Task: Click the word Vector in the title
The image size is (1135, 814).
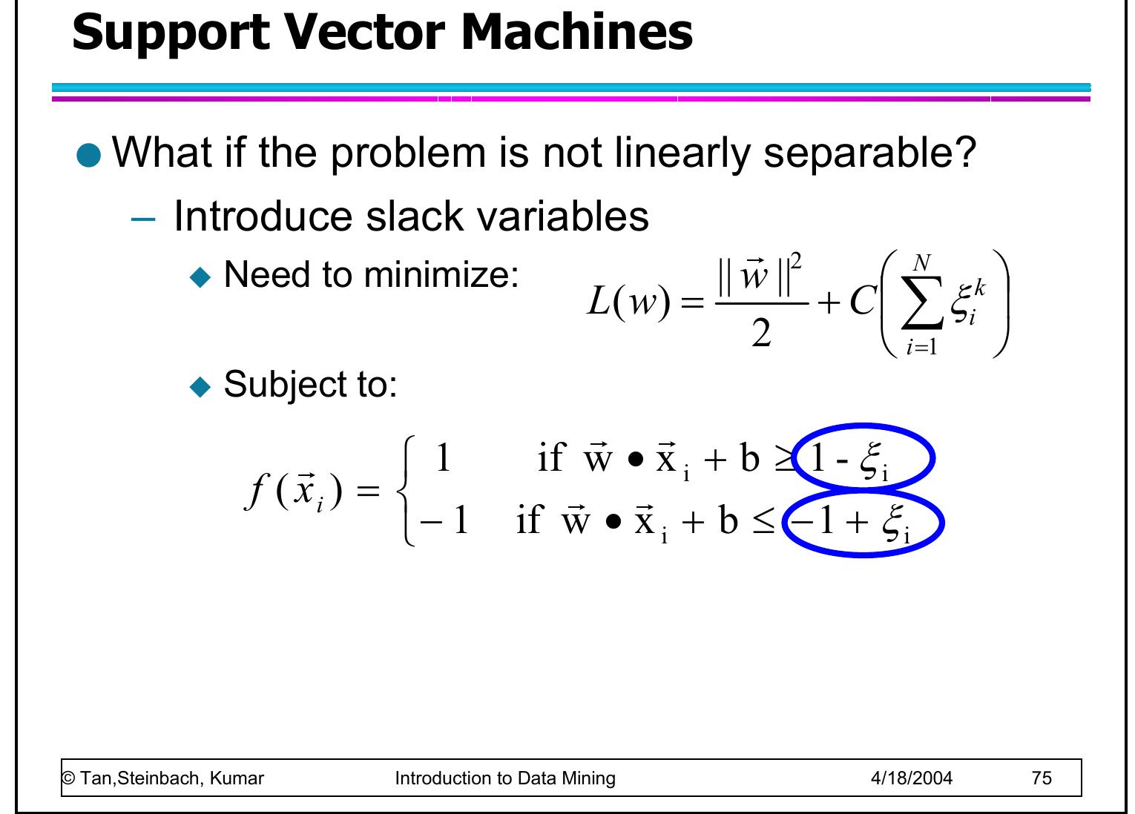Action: (x=363, y=32)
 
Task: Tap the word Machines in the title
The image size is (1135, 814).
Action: (x=577, y=32)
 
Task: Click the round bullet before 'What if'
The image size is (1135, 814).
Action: (x=89, y=155)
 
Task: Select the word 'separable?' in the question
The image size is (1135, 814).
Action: (x=869, y=153)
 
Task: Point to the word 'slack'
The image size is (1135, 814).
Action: (x=414, y=216)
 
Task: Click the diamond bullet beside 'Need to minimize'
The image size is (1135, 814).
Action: (x=200, y=277)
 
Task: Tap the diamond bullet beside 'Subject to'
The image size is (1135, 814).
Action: (x=200, y=387)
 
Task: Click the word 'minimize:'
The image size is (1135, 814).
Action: (x=441, y=275)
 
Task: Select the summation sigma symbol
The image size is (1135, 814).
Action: (x=921, y=302)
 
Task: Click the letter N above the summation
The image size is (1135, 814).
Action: (x=921, y=263)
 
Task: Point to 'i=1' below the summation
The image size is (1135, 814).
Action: (x=921, y=347)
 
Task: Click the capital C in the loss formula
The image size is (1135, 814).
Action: (x=862, y=301)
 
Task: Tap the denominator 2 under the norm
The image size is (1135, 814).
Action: (x=761, y=334)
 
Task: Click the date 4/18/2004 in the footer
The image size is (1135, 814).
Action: (x=912, y=778)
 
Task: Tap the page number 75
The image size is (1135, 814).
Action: (x=1042, y=778)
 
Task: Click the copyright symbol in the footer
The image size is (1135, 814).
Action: (x=68, y=778)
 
